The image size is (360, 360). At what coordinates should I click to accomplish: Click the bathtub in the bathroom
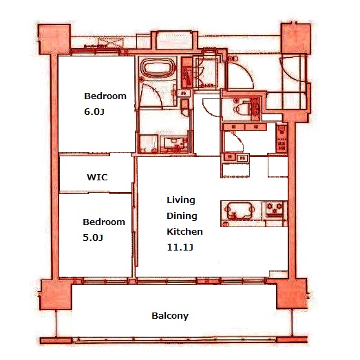[158, 68]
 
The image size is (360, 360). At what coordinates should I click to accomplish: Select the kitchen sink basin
[240, 211]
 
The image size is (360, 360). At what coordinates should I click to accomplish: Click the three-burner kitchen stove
[274, 209]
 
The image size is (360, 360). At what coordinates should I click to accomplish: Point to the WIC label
[97, 177]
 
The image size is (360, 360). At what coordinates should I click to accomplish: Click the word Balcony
[170, 316]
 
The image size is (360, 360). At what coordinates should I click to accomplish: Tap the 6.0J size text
[94, 112]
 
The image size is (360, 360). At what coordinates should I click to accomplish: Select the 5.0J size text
[93, 237]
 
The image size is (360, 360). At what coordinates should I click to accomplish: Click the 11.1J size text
[180, 247]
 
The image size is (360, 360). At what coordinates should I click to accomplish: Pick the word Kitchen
[184, 231]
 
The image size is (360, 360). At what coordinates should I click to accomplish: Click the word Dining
[182, 216]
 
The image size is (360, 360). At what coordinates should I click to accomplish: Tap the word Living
[181, 200]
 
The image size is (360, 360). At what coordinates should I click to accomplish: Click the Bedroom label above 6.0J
[105, 96]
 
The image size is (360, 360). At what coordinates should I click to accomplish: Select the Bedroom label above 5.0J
[104, 222]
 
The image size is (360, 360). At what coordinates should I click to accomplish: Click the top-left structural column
[54, 39]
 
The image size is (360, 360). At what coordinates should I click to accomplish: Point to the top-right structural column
[296, 39]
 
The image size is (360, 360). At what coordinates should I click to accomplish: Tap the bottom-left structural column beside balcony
[56, 295]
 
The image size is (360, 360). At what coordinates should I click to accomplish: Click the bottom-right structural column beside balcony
[292, 294]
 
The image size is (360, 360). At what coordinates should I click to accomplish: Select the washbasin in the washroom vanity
[173, 142]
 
